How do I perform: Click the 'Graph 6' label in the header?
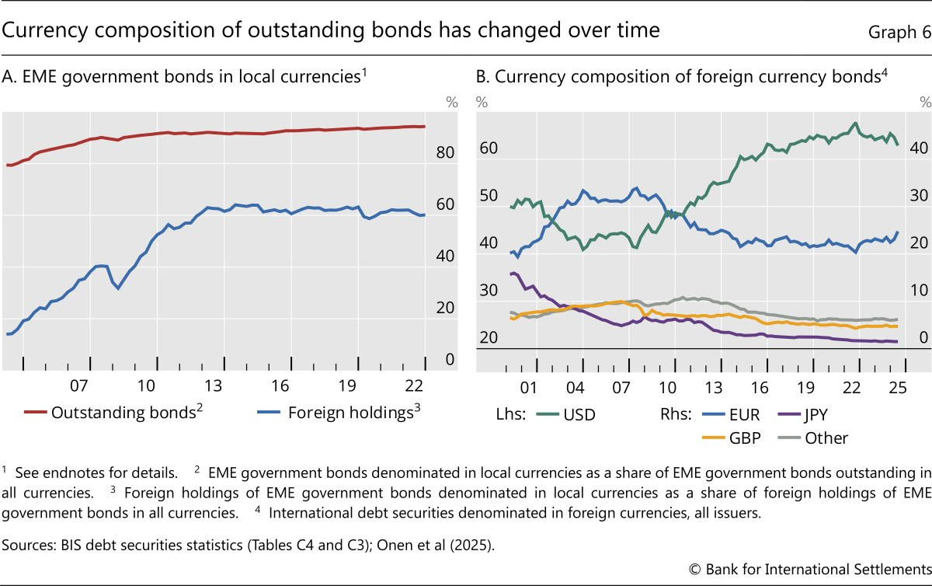[x=899, y=32]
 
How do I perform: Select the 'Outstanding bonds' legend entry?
[x=113, y=412]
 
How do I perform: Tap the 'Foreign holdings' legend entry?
[x=339, y=412]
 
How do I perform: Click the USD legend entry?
[x=566, y=414]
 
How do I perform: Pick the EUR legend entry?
[x=731, y=414]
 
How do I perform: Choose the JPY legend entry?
[x=802, y=414]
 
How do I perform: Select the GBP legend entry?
[x=731, y=438]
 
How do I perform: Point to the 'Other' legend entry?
[x=812, y=438]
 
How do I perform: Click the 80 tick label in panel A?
[x=445, y=152]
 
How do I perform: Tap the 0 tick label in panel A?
[x=450, y=359]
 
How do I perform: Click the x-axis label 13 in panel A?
[x=213, y=385]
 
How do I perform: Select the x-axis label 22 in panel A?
[x=414, y=385]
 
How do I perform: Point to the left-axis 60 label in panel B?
[x=489, y=148]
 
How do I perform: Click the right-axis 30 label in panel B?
[x=919, y=195]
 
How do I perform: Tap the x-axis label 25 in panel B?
[x=898, y=388]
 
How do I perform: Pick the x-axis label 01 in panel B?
[x=528, y=388]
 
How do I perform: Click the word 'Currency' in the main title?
[x=45, y=31]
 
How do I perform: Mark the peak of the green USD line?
[x=855, y=123]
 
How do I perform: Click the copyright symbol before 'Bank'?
[x=695, y=570]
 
